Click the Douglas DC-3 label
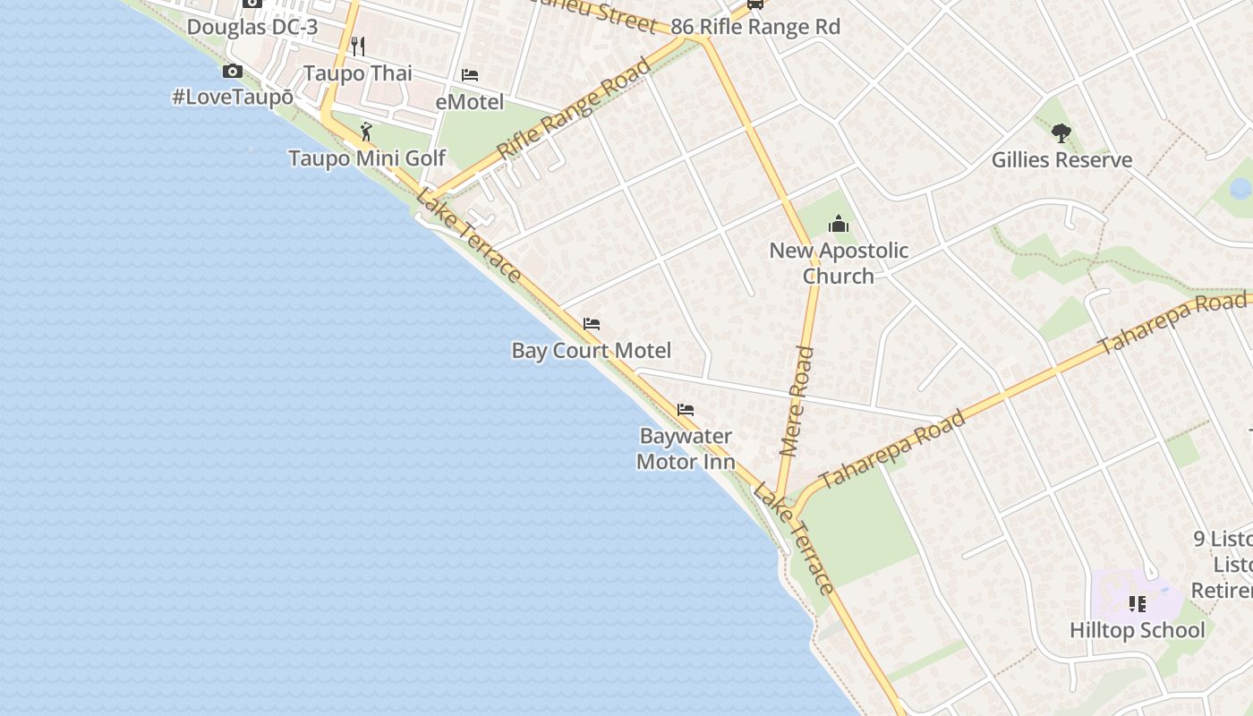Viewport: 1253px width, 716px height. click(x=251, y=27)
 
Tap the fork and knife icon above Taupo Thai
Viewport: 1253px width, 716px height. click(x=358, y=46)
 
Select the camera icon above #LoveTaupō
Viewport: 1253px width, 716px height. click(x=233, y=72)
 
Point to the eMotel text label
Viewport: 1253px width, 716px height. click(x=470, y=102)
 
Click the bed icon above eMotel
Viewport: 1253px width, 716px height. click(x=470, y=75)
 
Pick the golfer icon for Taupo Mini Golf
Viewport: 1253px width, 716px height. click(x=366, y=132)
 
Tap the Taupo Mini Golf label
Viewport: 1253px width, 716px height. click(x=366, y=158)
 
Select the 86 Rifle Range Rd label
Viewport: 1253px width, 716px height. click(x=755, y=27)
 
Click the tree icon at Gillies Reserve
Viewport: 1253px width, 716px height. click(x=1061, y=134)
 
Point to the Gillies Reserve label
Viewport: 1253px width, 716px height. click(x=1061, y=160)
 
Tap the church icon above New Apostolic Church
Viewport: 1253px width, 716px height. click(x=838, y=224)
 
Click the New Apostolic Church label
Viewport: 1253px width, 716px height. click(x=839, y=263)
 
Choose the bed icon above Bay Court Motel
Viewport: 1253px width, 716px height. click(x=592, y=324)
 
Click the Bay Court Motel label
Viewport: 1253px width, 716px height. click(x=592, y=350)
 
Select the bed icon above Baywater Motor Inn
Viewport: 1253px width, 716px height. click(x=686, y=410)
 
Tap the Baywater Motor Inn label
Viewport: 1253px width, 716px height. click(x=686, y=449)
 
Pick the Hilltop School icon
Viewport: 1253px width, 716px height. click(x=1137, y=604)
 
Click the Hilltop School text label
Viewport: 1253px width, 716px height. click(x=1137, y=630)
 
